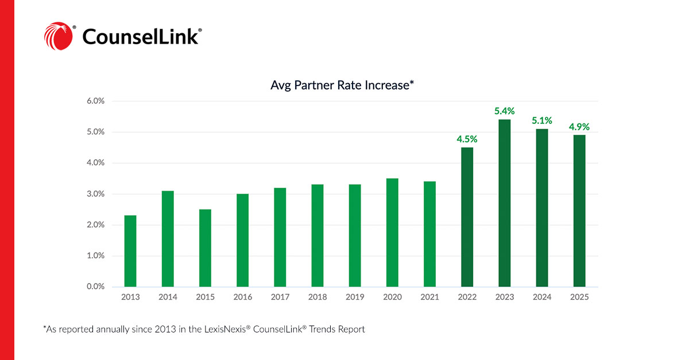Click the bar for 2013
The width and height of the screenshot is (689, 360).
(x=130, y=251)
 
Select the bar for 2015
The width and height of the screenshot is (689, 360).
(x=205, y=248)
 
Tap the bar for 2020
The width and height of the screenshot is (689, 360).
(x=392, y=233)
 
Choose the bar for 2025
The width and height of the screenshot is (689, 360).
(x=579, y=211)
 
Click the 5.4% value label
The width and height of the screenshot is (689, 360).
(x=505, y=111)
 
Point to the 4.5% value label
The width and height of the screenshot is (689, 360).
(x=467, y=139)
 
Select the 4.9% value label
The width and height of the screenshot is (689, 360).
(x=579, y=127)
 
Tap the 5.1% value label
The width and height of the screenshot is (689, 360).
(x=541, y=121)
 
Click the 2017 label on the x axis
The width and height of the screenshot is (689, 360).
(x=280, y=297)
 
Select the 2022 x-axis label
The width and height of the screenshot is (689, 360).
(x=467, y=297)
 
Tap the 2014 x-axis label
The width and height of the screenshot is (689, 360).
(x=168, y=297)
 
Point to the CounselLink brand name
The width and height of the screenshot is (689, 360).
(x=141, y=37)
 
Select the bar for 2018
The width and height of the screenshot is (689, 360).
(x=318, y=235)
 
